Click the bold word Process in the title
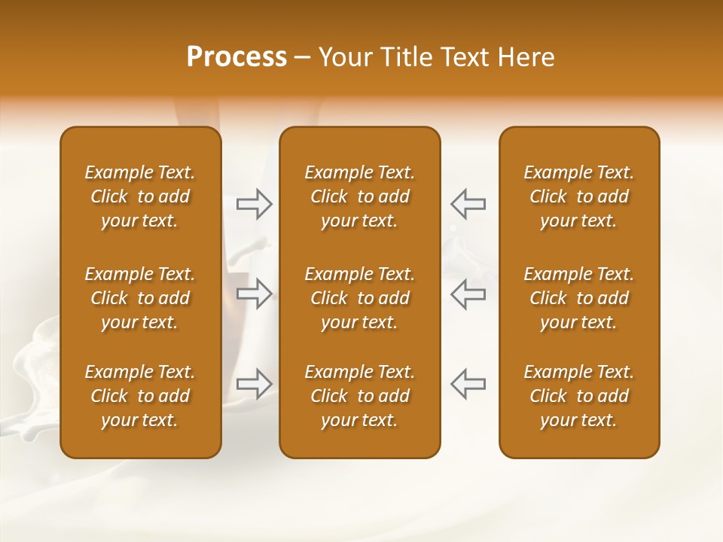pyautogui.click(x=236, y=57)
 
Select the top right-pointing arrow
pyautogui.click(x=254, y=204)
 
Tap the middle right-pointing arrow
pyautogui.click(x=254, y=294)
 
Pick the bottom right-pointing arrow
pyautogui.click(x=254, y=384)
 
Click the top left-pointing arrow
pyautogui.click(x=468, y=204)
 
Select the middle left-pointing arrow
pyautogui.click(x=468, y=294)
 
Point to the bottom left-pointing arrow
pyautogui.click(x=468, y=384)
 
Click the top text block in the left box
pyautogui.click(x=140, y=196)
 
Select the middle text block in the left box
pyautogui.click(x=140, y=298)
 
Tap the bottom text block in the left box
pyautogui.click(x=140, y=396)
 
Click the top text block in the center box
pyautogui.click(x=359, y=196)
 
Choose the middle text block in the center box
pyautogui.click(x=359, y=298)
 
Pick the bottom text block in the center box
pyautogui.click(x=359, y=396)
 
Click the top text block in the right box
pyautogui.click(x=578, y=196)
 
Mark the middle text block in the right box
pyautogui.click(x=578, y=298)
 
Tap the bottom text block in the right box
pyautogui.click(x=578, y=396)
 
